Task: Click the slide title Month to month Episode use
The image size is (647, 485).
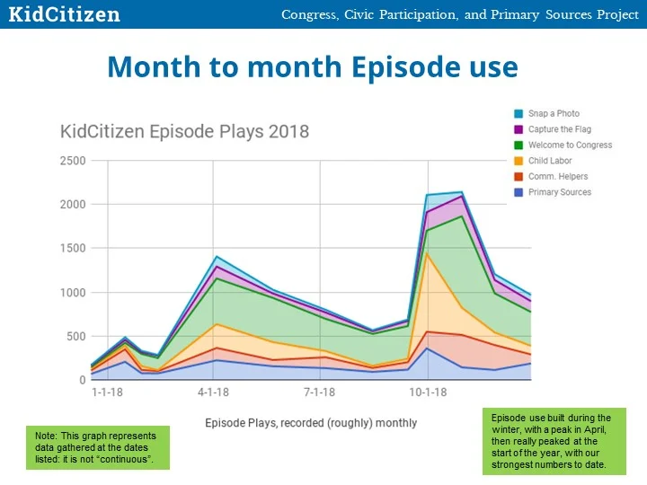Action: click(x=312, y=67)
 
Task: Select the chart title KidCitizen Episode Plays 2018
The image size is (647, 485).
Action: click(x=184, y=131)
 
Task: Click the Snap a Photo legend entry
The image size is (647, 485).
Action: click(x=554, y=114)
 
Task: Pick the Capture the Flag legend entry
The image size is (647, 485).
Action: click(x=559, y=129)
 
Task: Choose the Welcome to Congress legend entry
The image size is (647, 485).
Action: click(x=570, y=145)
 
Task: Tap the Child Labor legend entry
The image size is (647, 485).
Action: click(x=550, y=161)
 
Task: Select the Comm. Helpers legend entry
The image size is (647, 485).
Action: click(x=556, y=177)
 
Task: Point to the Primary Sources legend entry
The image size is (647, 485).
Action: click(x=559, y=192)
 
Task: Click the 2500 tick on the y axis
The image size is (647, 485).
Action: click(x=74, y=162)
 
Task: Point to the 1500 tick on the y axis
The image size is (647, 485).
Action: click(x=74, y=249)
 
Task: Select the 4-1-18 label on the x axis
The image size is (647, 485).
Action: click(x=213, y=392)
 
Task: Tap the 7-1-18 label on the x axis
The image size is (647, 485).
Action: click(x=320, y=392)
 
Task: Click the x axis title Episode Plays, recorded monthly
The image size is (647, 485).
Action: click(x=311, y=422)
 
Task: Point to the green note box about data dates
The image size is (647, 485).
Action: click(x=97, y=448)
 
